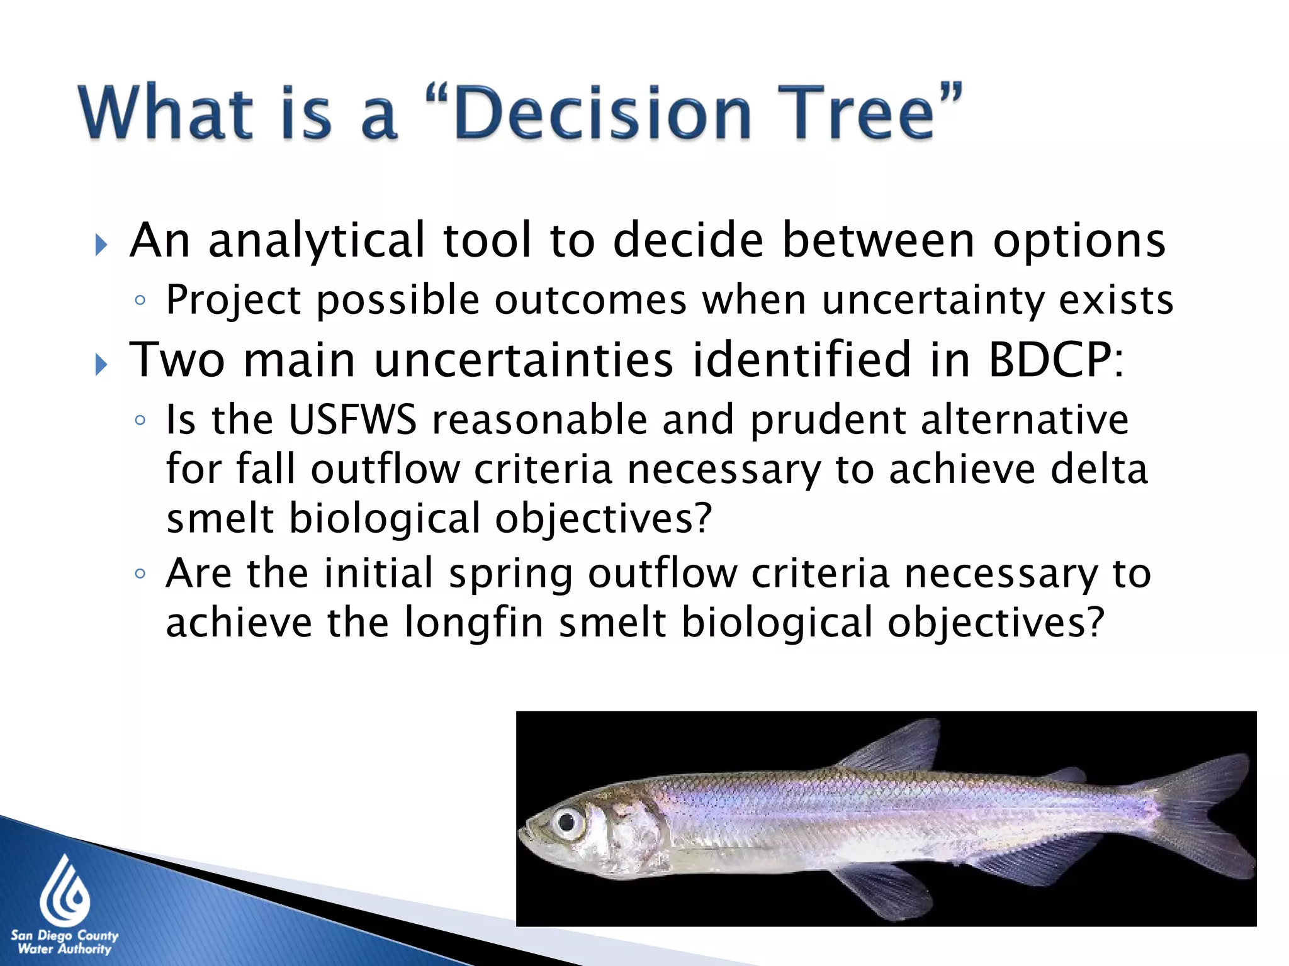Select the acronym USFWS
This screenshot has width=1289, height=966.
click(x=352, y=419)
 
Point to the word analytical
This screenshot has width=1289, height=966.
click(x=317, y=241)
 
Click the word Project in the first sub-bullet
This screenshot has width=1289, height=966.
click(x=233, y=300)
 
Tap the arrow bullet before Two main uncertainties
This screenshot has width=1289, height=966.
click(x=101, y=364)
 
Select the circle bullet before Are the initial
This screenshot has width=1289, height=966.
click(x=140, y=574)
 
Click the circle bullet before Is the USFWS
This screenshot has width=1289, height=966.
click(x=140, y=419)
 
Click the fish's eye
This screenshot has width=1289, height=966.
click(x=567, y=821)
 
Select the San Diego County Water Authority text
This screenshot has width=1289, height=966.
click(x=64, y=942)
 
